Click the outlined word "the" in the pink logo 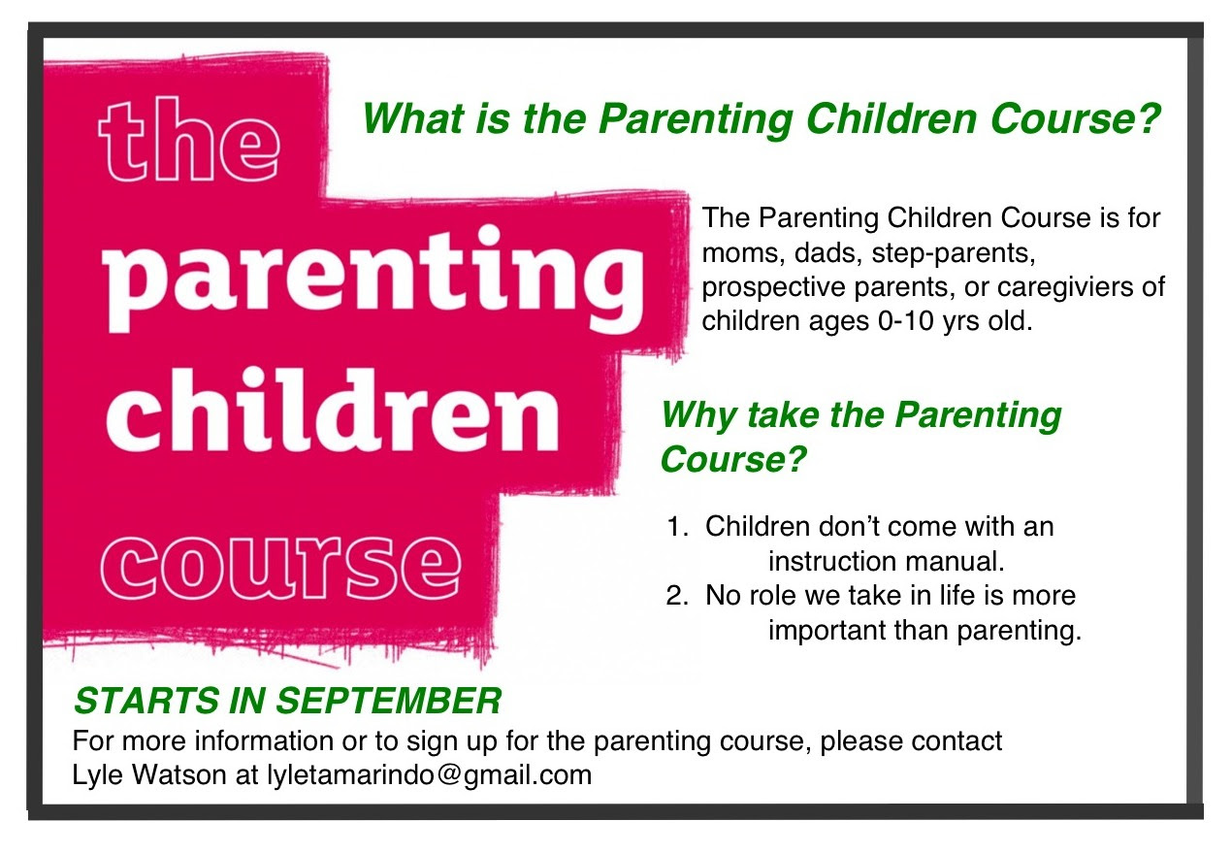pyautogui.click(x=188, y=140)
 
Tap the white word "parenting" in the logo pyautogui.click(x=373, y=279)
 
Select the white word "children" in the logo pyautogui.click(x=332, y=411)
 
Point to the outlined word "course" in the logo pyautogui.click(x=280, y=567)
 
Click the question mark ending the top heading pyautogui.click(x=1150, y=117)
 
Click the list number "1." pyautogui.click(x=677, y=527)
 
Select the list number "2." pyautogui.click(x=677, y=596)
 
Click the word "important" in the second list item pyautogui.click(x=827, y=630)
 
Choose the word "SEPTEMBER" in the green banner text pyautogui.click(x=388, y=701)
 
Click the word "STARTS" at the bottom pyautogui.click(x=146, y=701)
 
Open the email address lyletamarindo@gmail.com pyautogui.click(x=429, y=775)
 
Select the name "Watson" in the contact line pyautogui.click(x=179, y=774)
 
